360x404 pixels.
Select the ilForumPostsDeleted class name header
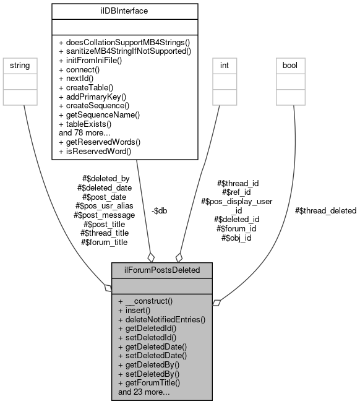[162, 270]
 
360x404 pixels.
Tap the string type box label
[20, 64]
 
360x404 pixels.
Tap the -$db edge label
[160, 210]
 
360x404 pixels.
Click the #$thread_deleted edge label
[325, 210]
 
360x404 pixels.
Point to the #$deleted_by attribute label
[106, 179]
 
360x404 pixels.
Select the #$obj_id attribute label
[236, 237]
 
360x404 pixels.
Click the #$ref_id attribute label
[237, 192]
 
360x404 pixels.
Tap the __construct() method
[145, 301]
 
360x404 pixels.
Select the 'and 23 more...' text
[144, 392]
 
